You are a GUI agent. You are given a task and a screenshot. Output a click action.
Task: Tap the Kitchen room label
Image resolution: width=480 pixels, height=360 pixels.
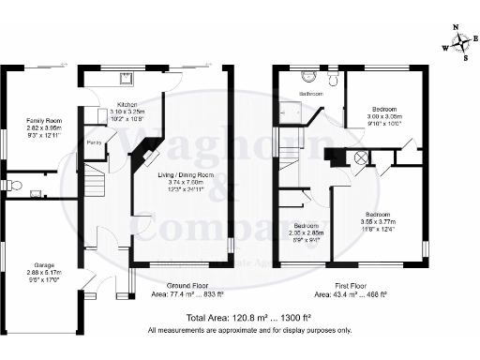pos(127,104)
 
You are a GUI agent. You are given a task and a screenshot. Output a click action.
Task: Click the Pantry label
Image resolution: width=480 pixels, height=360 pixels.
pos(94,142)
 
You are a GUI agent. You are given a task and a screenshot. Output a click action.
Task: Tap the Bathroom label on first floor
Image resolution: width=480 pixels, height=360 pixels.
pos(310,95)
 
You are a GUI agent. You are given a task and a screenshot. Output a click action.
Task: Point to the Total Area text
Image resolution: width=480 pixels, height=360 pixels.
pos(248,319)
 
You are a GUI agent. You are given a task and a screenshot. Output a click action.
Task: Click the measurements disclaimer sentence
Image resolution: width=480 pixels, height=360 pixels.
pos(248,331)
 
